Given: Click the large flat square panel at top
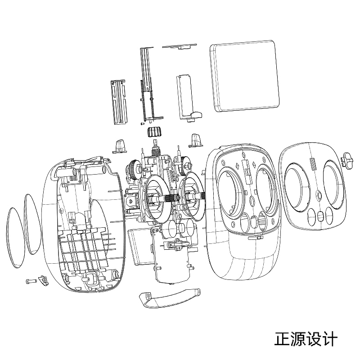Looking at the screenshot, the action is pyautogui.click(x=245, y=76).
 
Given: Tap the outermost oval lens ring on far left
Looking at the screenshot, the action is pyautogui.click(x=16, y=238).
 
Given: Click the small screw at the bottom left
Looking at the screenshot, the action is pyautogui.click(x=31, y=281).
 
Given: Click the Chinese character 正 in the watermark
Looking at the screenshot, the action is pyautogui.click(x=282, y=339).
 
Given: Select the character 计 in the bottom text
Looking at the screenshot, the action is pyautogui.click(x=330, y=339).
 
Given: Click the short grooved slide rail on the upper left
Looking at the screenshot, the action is pyautogui.click(x=119, y=102).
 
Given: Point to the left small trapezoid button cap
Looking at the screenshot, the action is pyautogui.click(x=120, y=146).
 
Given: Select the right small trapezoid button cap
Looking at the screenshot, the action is pyautogui.click(x=196, y=140).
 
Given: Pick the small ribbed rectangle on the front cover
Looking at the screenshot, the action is pyautogui.click(x=313, y=164).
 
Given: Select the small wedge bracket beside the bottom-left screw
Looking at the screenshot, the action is pyautogui.click(x=44, y=280).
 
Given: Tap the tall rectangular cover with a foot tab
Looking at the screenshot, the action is pyautogui.click(x=188, y=98).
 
